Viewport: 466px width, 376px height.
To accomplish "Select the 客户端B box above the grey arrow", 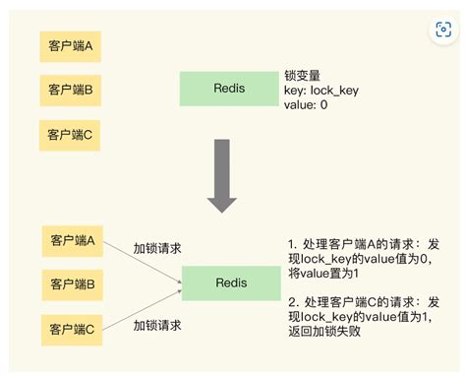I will click(x=71, y=89).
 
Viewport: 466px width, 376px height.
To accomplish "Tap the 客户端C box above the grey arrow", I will click(x=71, y=133).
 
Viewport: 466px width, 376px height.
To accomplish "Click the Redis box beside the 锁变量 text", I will click(x=228, y=89).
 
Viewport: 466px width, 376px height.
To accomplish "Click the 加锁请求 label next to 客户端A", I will click(x=159, y=247).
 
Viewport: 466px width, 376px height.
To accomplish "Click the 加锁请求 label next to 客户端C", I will click(x=159, y=324).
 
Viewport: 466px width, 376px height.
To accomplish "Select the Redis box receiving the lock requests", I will click(x=228, y=283).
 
